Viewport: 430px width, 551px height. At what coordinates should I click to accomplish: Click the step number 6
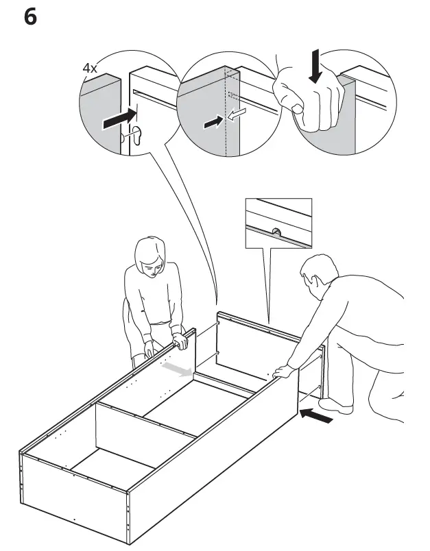point(31,16)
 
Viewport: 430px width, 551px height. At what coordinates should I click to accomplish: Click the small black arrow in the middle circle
point(213,123)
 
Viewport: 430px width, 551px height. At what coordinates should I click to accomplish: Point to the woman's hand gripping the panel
point(180,341)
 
